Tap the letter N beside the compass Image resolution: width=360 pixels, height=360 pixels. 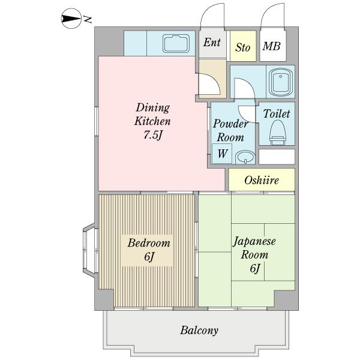pos(88,20)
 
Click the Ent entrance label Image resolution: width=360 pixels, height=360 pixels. pos(211,43)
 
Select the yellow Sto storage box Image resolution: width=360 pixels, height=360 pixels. pos(243,46)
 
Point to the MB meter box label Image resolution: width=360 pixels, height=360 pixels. pos(272,46)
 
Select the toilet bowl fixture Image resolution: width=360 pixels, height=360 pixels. pos(277,132)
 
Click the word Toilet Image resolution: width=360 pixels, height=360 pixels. pos(277,113)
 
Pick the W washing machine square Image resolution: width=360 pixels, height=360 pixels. pos(222,154)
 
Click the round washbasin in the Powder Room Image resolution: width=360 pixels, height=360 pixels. pos(244,157)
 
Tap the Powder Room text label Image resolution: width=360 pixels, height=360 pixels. pos(231,131)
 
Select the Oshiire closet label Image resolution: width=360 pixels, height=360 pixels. pos(262,180)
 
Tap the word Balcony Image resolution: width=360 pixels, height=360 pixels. pos(199,330)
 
